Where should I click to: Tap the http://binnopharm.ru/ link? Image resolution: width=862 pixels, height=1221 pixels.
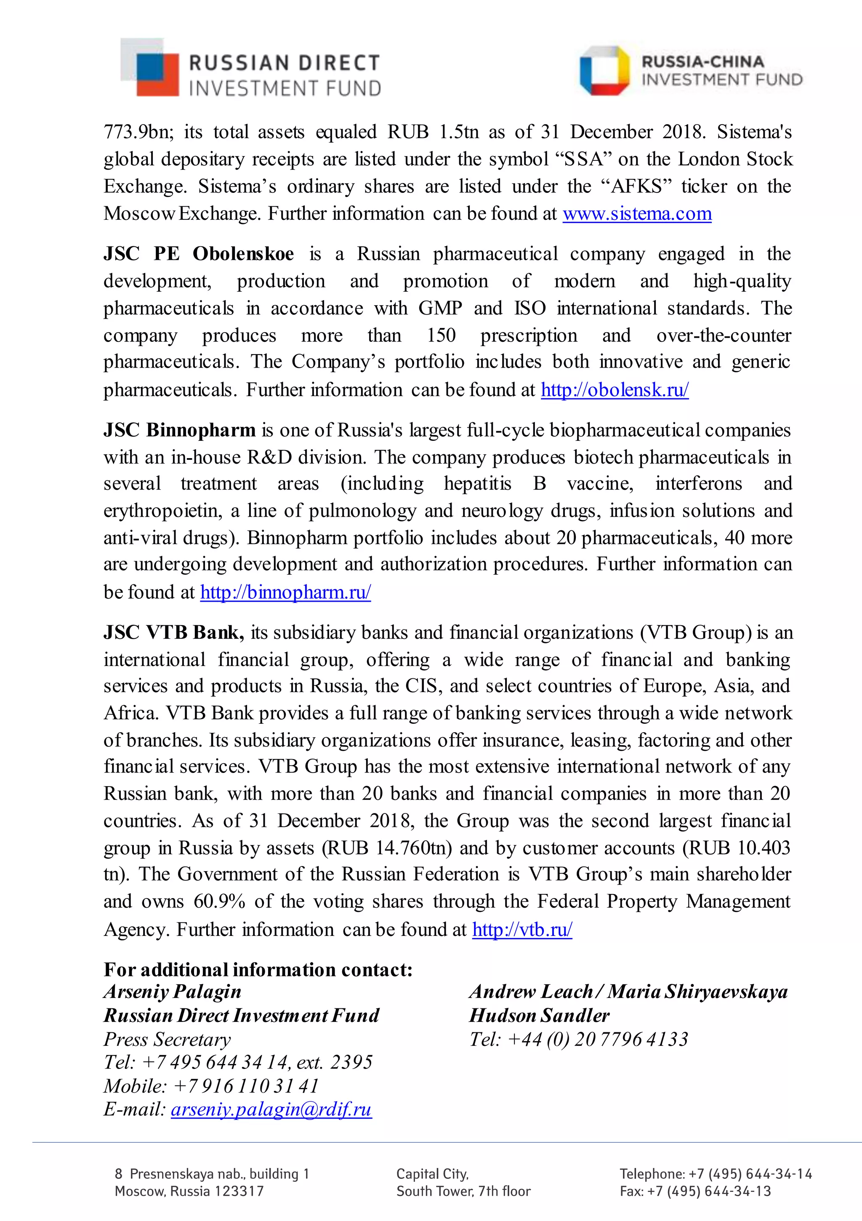[x=285, y=592]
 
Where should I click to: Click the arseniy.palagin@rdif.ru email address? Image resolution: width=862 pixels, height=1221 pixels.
[x=271, y=1109]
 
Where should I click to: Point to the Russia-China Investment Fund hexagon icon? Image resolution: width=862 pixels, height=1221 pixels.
[x=605, y=71]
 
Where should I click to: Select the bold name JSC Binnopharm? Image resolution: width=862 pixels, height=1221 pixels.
[x=180, y=430]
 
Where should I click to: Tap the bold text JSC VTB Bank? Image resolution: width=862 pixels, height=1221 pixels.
[x=174, y=632]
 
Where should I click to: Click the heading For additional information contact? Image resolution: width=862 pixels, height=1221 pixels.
[x=258, y=970]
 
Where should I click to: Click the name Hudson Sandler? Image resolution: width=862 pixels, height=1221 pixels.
[x=539, y=1016]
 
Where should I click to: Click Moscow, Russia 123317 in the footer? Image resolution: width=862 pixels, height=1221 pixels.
[x=189, y=1191]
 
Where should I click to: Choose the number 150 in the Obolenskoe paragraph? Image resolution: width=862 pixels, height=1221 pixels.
[x=441, y=336]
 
